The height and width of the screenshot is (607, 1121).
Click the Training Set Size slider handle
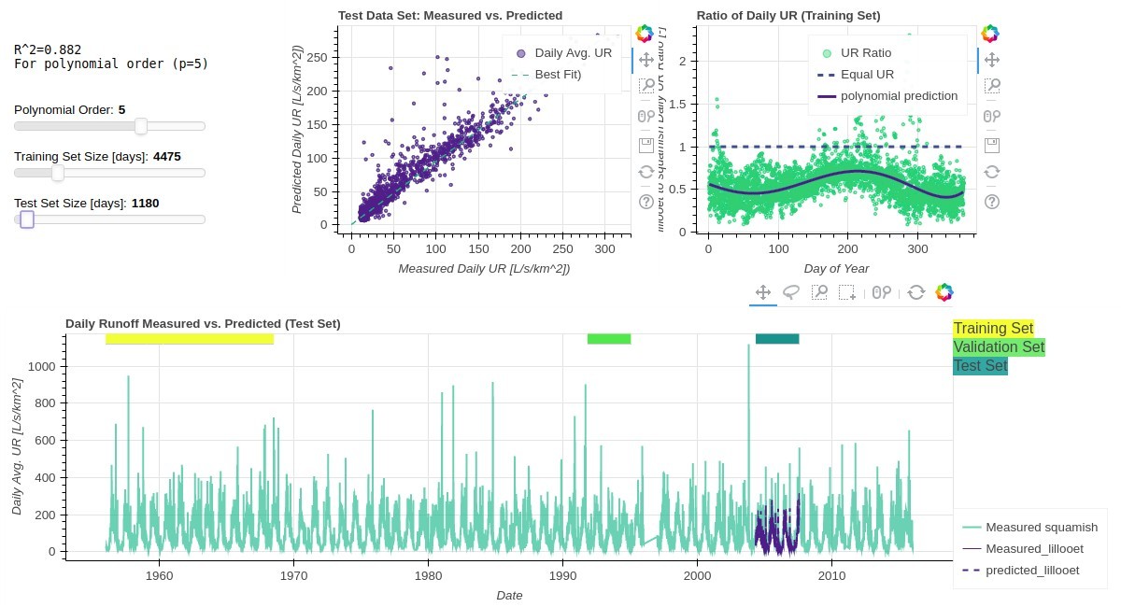(x=58, y=173)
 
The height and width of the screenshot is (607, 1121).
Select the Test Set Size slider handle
(x=27, y=219)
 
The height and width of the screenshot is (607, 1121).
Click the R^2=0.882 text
(x=47, y=49)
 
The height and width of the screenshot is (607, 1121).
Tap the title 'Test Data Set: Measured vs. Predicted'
(x=450, y=16)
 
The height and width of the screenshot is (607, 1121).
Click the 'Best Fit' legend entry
(x=558, y=74)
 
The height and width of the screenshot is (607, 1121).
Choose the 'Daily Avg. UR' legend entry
(x=566, y=53)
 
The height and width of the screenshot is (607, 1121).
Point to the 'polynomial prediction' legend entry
(x=899, y=95)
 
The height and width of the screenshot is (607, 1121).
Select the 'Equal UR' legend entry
(x=867, y=75)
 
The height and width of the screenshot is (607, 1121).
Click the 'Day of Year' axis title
(x=836, y=269)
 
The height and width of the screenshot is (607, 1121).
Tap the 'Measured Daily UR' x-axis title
(x=484, y=269)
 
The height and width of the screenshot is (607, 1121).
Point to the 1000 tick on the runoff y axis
(x=42, y=367)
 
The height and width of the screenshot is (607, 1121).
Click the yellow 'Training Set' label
(x=993, y=329)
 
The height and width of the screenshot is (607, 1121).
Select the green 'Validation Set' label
(x=999, y=347)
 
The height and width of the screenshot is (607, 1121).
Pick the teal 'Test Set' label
(x=980, y=366)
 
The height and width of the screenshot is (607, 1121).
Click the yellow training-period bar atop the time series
(x=190, y=339)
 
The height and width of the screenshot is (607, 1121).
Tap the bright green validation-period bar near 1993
(x=609, y=339)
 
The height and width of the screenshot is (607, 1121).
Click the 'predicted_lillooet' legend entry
(x=1032, y=570)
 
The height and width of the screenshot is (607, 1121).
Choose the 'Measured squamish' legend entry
(x=1041, y=528)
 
